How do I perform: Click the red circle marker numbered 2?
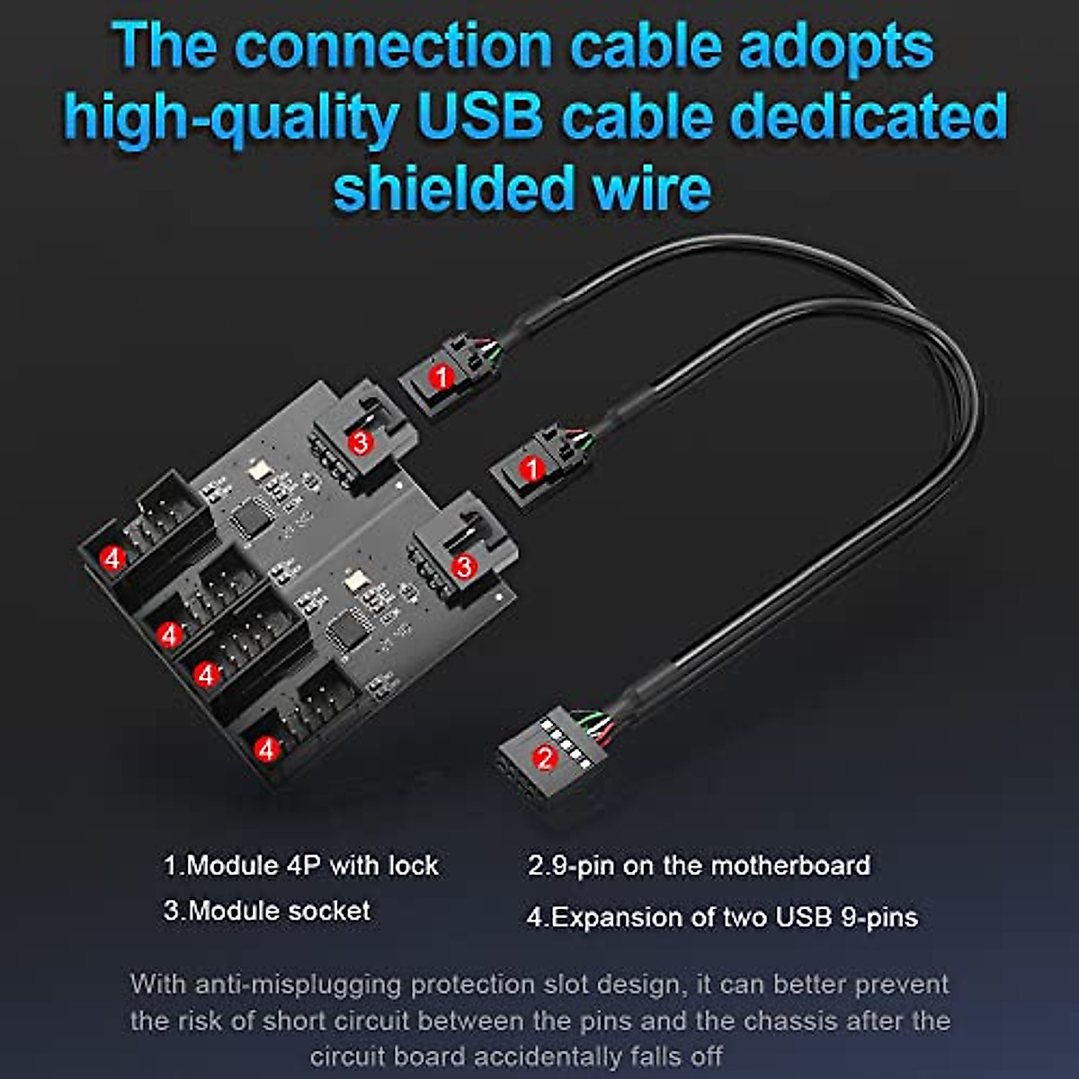click(545, 756)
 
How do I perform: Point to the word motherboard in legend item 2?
click(790, 865)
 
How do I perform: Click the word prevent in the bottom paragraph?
click(902, 985)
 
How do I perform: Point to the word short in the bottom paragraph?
click(297, 1021)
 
